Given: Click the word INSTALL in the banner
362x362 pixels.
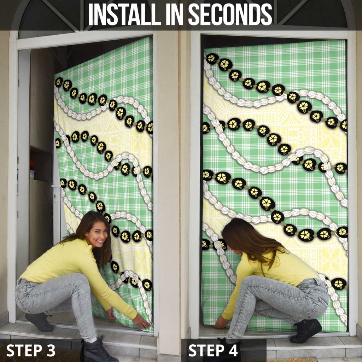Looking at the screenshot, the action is (x=125, y=14).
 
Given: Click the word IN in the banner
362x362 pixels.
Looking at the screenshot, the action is (x=175, y=14).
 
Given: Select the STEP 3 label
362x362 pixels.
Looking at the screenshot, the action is (x=31, y=350).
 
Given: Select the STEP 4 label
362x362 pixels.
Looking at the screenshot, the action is (x=213, y=350).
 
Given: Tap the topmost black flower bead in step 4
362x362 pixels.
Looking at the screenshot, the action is (x=212, y=58).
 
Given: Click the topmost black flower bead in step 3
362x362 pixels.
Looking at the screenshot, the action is (x=59, y=82).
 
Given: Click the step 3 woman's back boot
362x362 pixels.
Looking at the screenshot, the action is (x=39, y=322).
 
